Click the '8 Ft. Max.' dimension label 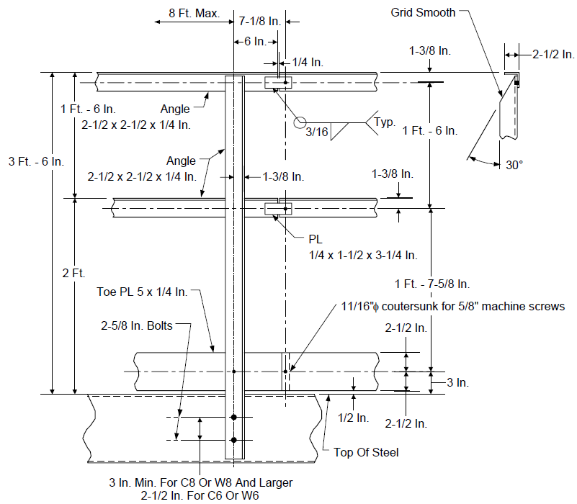tap(194, 13)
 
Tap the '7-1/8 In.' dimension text tap(260, 22)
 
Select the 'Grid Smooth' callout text tap(423, 12)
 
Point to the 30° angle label tap(514, 165)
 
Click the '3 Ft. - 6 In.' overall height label tap(36, 161)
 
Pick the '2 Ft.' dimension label tap(73, 273)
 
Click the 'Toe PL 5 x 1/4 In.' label tap(142, 292)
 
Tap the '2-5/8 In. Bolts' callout tap(137, 325)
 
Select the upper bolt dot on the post tap(233, 417)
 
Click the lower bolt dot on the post tap(233, 440)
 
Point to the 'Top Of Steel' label tap(366, 452)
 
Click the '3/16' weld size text tap(316, 132)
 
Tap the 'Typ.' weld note tap(385, 122)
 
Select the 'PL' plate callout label tap(316, 240)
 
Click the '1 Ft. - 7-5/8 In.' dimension tap(432, 284)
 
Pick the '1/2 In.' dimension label tap(353, 418)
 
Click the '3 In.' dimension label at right tap(457, 382)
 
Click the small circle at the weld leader tap(300, 122)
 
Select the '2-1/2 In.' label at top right tap(553, 55)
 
